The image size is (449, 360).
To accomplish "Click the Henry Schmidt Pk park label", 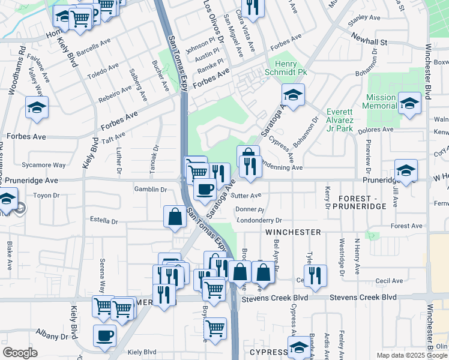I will point(291,68).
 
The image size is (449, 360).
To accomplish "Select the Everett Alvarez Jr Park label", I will point(339,120).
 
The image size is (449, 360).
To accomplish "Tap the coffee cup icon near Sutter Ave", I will point(205,190).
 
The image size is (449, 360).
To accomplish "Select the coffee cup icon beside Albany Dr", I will point(104,335).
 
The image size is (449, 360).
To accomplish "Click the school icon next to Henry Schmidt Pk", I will point(292,95).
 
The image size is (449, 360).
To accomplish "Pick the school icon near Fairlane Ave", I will point(37,107).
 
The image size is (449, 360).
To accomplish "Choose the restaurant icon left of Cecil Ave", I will point(315,275).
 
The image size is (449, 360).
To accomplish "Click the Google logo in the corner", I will point(20,353).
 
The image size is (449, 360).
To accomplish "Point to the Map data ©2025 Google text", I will point(412,355).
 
